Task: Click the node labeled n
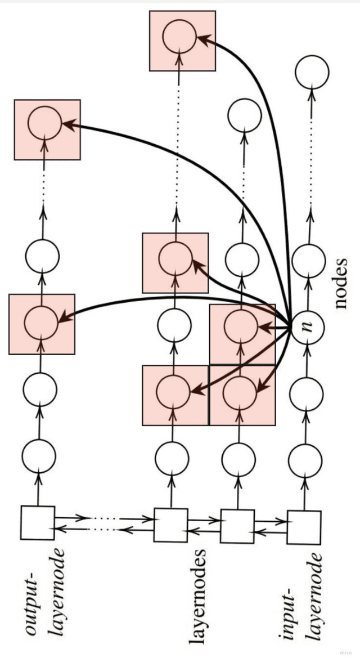coord(308,326)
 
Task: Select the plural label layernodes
coord(198,597)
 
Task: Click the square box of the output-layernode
coord(38,523)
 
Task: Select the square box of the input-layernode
coord(304,527)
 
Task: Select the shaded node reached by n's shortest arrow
coord(241,325)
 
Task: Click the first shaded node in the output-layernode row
coord(42,324)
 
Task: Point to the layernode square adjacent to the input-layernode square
coord(237,526)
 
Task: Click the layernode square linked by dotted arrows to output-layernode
coord(170,525)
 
